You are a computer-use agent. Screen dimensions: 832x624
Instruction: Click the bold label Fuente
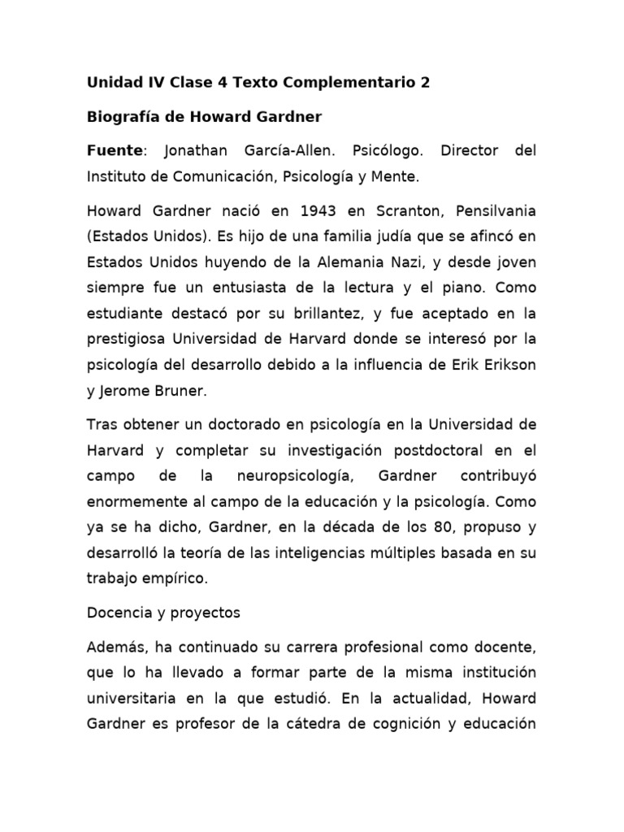coord(114,151)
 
